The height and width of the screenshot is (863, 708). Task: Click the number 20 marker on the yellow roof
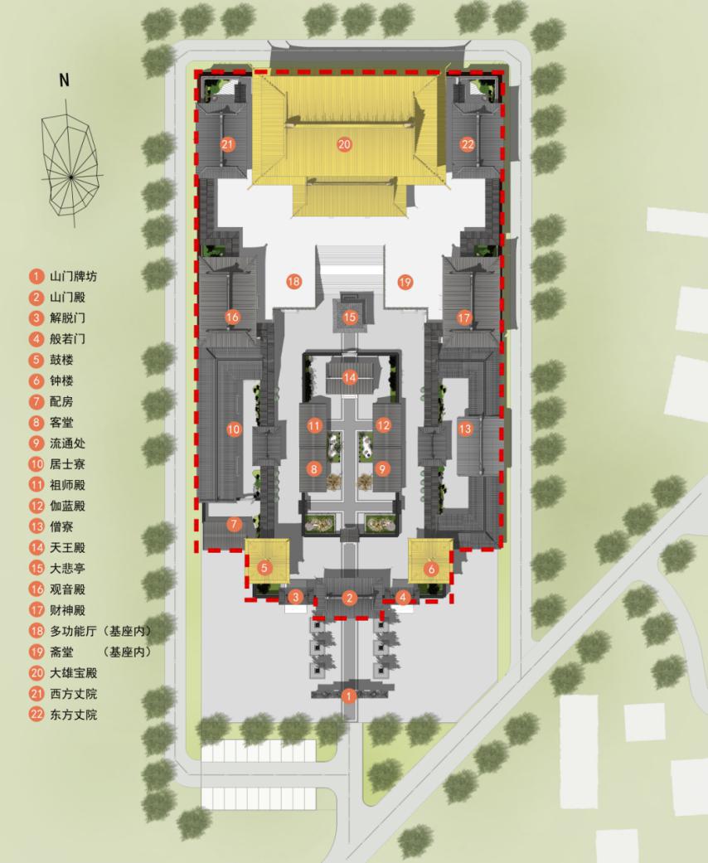(x=344, y=145)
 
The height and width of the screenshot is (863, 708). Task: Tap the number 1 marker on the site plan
(x=348, y=696)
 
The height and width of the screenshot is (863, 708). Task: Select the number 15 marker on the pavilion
(x=350, y=317)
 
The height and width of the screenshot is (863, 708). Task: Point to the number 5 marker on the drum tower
(x=264, y=567)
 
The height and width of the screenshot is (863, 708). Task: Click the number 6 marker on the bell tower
(x=431, y=569)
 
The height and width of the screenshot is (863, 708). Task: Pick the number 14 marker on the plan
(x=350, y=377)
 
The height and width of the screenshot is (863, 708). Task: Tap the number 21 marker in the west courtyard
(x=227, y=145)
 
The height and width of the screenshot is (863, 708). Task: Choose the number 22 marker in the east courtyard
(x=468, y=145)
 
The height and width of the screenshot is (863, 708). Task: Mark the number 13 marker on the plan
(x=465, y=429)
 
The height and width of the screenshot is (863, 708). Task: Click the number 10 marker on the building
(x=234, y=429)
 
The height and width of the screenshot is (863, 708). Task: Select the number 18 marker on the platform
(x=294, y=282)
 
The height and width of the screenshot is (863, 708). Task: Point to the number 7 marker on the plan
(x=234, y=524)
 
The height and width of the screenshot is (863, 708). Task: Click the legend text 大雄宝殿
(x=74, y=672)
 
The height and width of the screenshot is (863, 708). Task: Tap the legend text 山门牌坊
(x=74, y=276)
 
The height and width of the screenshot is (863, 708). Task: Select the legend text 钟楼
(x=61, y=381)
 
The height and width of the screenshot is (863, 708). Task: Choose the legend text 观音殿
(x=68, y=589)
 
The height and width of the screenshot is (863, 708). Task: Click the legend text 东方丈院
(x=74, y=715)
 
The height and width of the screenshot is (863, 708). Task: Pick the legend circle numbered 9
(x=36, y=443)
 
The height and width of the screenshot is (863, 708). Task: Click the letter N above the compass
(x=65, y=80)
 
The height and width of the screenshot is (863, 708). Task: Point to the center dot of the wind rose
(x=71, y=176)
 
